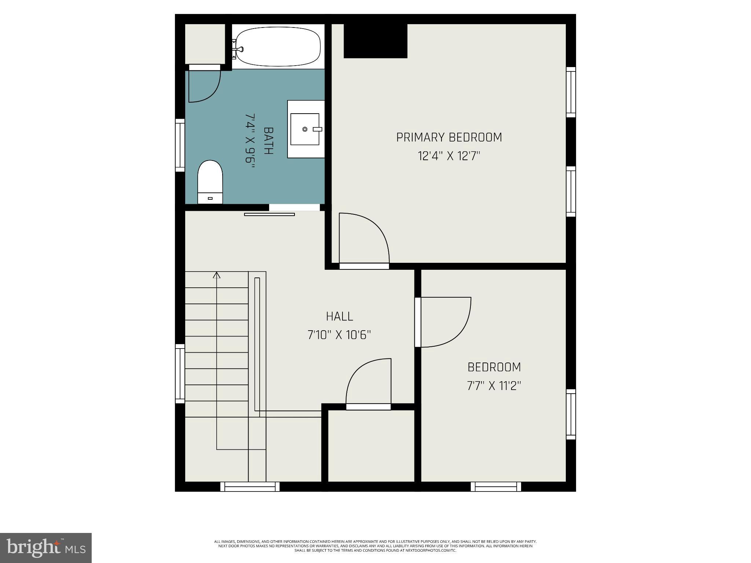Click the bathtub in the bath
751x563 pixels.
tap(278, 47)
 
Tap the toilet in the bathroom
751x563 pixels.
tap(210, 182)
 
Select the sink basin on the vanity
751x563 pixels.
tap(305, 129)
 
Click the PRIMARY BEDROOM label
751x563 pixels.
tap(449, 137)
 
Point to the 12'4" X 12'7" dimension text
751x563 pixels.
tap(449, 157)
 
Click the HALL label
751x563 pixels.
tap(340, 316)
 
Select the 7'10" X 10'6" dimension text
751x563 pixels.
tap(339, 335)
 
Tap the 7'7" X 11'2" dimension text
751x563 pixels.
tap(494, 386)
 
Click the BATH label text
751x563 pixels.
tap(268, 141)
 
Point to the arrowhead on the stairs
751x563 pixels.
tap(217, 275)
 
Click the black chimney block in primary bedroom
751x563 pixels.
tap(375, 41)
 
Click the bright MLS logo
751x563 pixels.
tap(46, 548)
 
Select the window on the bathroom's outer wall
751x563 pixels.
tap(180, 145)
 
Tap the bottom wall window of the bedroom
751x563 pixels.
tap(496, 486)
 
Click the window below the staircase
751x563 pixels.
tap(250, 486)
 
